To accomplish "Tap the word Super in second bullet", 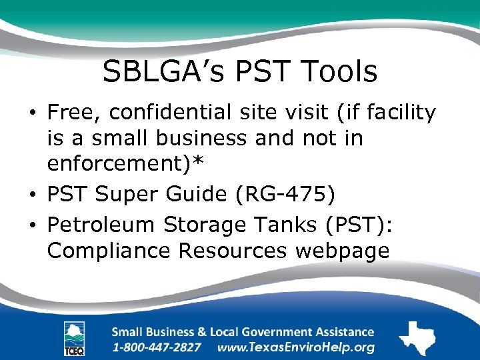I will (125, 195).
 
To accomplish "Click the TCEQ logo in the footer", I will (74, 337).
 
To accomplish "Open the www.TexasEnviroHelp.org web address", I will (296, 347).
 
